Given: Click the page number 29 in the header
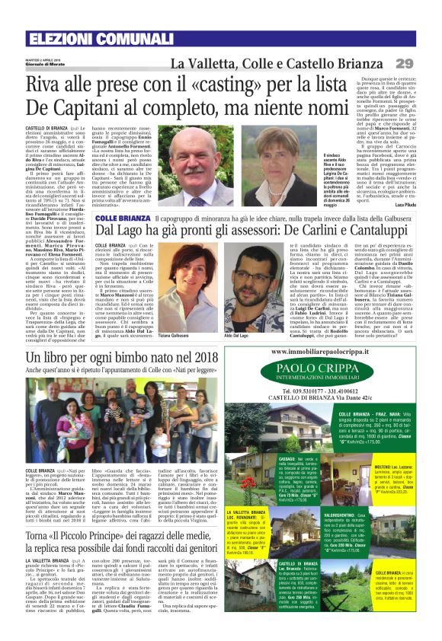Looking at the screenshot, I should pos(424,62).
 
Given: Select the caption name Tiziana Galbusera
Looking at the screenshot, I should pos(197,314).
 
